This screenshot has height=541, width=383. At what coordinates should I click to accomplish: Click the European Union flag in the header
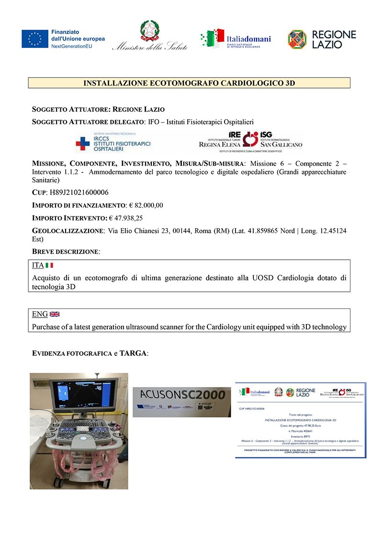tap(35, 39)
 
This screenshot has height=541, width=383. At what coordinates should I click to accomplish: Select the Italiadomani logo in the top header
tap(236, 39)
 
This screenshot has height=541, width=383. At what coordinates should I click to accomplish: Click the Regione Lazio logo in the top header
tap(322, 39)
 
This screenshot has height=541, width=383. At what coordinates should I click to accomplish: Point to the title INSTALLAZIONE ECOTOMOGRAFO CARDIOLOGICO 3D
tap(189, 83)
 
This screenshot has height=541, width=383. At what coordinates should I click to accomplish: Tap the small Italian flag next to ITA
tap(49, 265)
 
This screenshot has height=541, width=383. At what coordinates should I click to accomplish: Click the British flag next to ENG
tap(55, 314)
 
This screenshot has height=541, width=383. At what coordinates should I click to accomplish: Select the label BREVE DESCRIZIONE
tap(66, 251)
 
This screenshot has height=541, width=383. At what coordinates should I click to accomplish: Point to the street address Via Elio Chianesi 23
tap(142, 231)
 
